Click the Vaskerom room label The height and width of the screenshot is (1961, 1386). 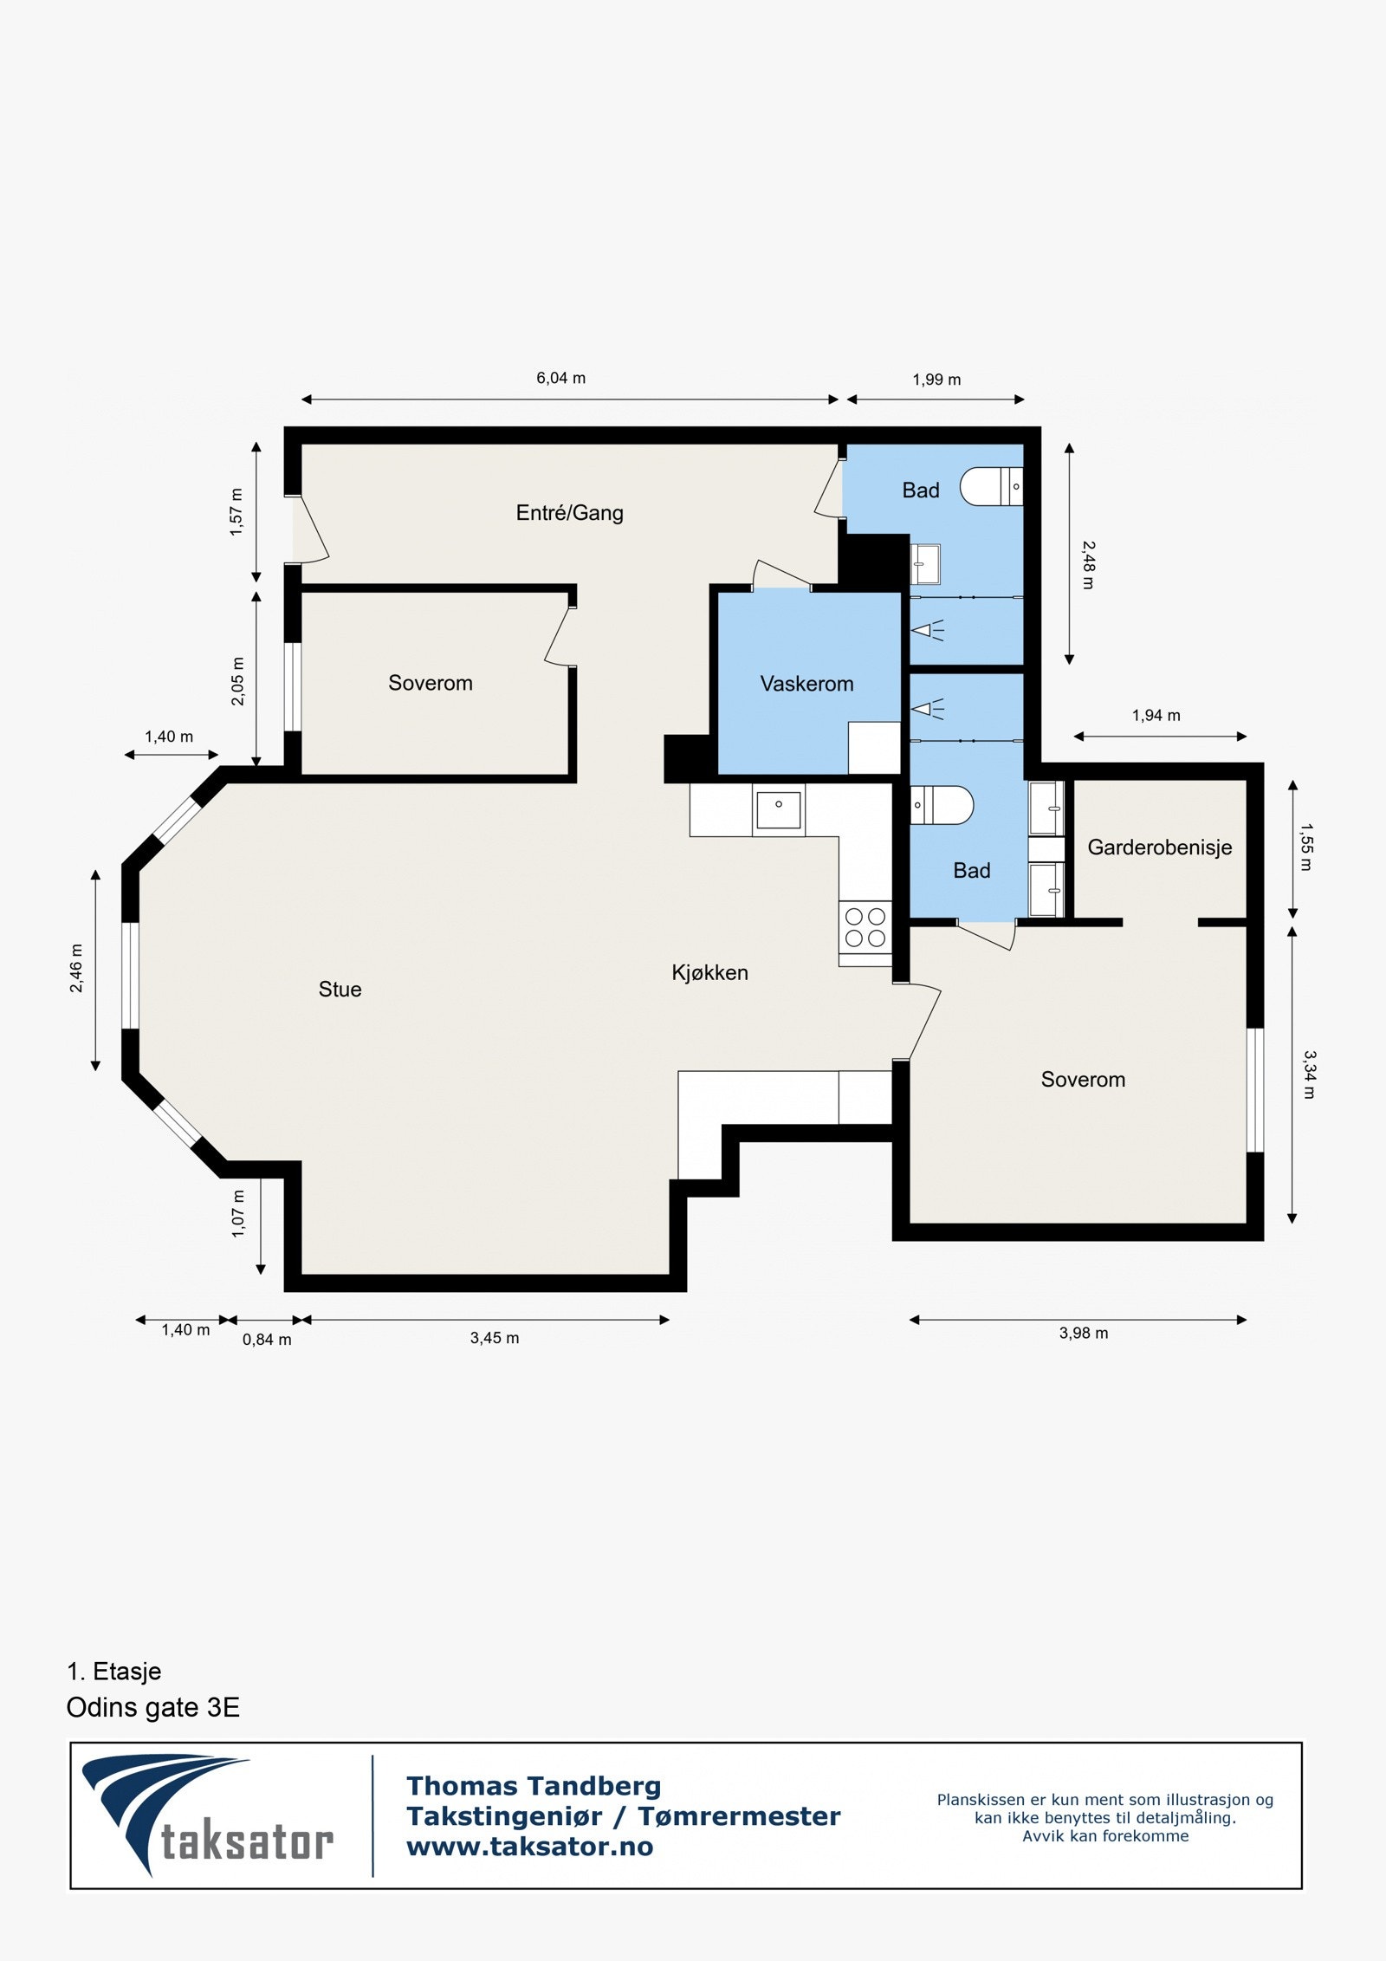pos(806,684)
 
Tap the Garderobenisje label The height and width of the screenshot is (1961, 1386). pos(1159,847)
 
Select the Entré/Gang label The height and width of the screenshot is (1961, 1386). pos(569,512)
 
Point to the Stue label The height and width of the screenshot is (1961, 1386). pos(340,989)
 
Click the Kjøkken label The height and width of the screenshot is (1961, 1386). pos(709,972)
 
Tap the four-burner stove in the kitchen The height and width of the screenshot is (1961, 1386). pos(865,926)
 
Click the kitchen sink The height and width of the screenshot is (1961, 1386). pos(779,810)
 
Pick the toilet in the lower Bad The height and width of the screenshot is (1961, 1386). pos(942,805)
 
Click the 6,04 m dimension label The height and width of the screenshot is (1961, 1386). pos(560,378)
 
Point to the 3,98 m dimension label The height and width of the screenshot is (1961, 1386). pos(1083,1333)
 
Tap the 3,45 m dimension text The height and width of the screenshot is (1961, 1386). pos(495,1338)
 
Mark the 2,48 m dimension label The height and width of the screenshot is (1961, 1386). pos(1089,565)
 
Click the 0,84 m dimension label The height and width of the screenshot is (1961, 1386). pos(267,1340)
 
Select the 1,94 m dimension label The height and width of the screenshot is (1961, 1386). pos(1156,715)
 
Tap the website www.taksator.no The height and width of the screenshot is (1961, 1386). pos(529,1847)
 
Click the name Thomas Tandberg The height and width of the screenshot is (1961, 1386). pos(534,1786)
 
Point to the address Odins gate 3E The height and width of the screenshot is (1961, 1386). pos(152,1707)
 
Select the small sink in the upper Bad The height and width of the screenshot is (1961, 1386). pos(925,564)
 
